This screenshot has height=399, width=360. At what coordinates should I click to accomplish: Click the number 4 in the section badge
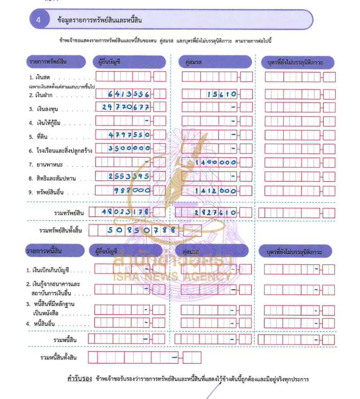coord(39,20)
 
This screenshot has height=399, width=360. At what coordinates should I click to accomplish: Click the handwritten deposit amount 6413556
coord(129,94)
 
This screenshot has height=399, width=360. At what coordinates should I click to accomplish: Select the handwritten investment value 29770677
coord(126,108)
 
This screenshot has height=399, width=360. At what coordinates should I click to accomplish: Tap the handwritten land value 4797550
coord(129,135)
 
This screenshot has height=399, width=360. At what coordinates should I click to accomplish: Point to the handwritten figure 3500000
coord(129,148)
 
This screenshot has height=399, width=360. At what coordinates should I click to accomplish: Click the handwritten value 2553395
coord(129,176)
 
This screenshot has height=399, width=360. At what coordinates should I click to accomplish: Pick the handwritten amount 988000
coord(133,190)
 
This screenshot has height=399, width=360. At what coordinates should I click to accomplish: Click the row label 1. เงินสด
coord(40,77)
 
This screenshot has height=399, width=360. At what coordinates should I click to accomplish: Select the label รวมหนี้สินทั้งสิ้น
coord(58,358)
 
